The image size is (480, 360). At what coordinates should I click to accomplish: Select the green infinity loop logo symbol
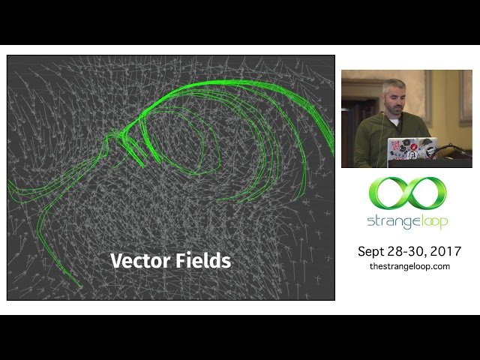pos(407,193)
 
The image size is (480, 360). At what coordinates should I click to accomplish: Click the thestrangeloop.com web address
pos(409,266)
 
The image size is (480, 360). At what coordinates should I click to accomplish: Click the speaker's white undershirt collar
pos(393,121)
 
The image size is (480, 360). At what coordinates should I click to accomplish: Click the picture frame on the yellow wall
pos(466,97)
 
